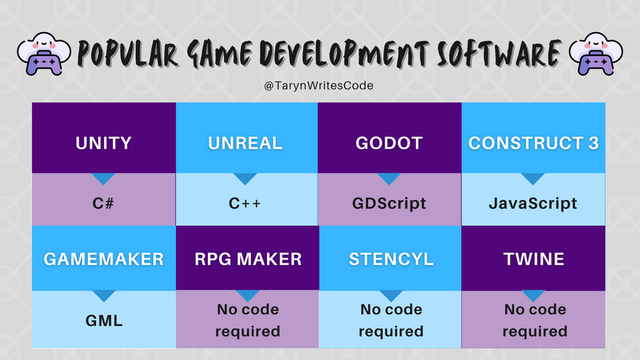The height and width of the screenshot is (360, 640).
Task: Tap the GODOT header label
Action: [389, 143]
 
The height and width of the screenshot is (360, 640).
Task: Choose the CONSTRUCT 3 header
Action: [534, 143]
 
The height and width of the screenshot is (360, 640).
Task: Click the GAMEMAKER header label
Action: [104, 259]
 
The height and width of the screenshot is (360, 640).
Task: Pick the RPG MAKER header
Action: [248, 259]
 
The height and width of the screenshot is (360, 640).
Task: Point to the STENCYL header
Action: [391, 259]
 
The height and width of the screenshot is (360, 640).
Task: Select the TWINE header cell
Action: [534, 259]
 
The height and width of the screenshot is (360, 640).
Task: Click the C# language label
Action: [103, 203]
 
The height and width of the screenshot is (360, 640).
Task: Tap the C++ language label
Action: [244, 203]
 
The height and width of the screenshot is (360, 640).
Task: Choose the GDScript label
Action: [389, 203]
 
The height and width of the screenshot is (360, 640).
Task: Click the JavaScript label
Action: [533, 203]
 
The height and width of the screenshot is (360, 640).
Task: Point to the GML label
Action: [104, 321]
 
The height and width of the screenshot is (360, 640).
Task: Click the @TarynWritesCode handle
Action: [319, 86]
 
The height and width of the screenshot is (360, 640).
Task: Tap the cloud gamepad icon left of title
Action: [44, 54]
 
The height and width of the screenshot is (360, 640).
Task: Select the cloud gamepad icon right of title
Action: [596, 54]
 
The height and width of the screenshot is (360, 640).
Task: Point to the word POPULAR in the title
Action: [128, 54]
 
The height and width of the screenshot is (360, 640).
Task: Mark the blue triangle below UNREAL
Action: [245, 179]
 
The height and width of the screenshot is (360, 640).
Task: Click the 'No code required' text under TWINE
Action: [535, 321]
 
